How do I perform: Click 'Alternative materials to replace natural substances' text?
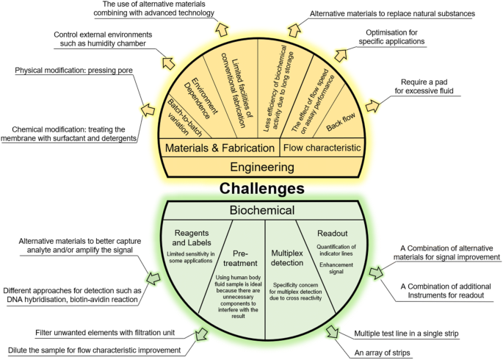402,13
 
